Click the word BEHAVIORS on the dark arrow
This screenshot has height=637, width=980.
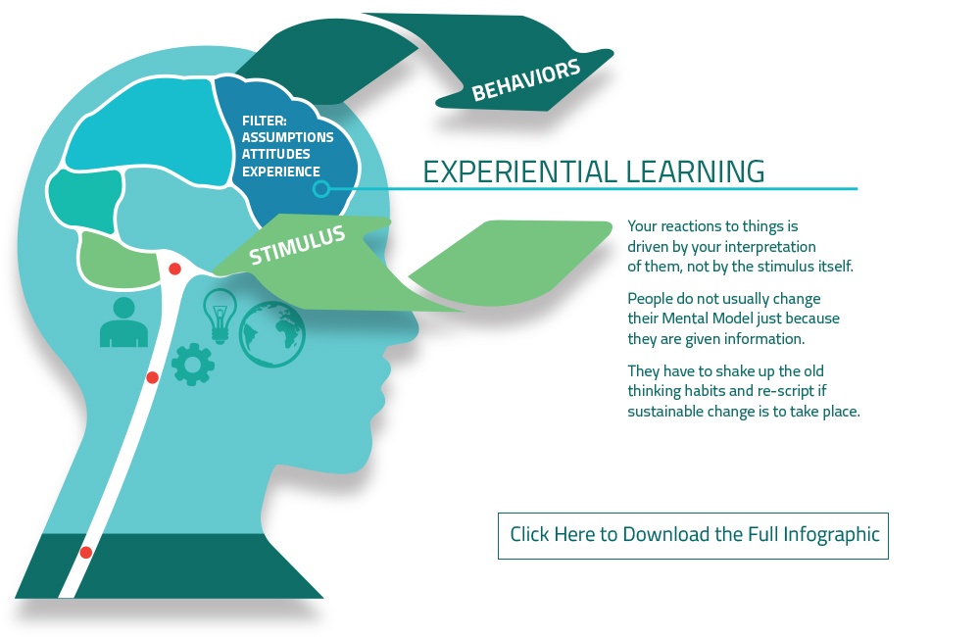pos(526,80)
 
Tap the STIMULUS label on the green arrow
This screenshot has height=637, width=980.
pos(297,244)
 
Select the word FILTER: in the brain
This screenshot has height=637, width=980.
pos(265,121)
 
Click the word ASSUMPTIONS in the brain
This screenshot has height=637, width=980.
pos(287,137)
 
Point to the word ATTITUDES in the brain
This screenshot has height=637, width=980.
pos(275,155)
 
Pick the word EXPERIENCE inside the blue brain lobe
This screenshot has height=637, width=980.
pos(280,171)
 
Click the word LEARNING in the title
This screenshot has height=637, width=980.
pos(695,171)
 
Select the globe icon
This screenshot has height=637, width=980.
pos(271,334)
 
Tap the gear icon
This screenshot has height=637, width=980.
pos(192,364)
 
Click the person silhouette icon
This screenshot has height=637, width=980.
pos(123,322)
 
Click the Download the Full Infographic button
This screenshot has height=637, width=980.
pos(693,536)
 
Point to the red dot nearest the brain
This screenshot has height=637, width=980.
pos(175,269)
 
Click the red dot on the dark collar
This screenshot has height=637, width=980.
pos(86,553)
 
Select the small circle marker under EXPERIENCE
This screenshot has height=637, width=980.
pos(321,188)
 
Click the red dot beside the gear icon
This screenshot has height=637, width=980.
pos(152,377)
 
